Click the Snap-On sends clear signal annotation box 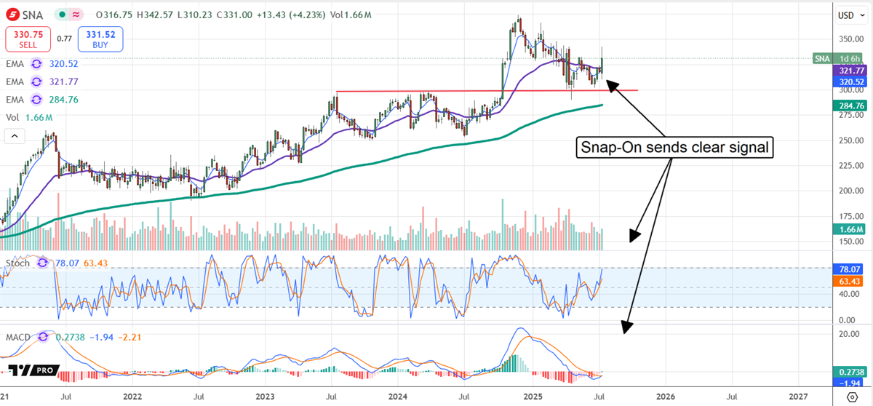pyautogui.click(x=674, y=148)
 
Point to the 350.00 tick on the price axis pyautogui.click(x=845, y=39)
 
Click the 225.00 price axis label pyautogui.click(x=845, y=165)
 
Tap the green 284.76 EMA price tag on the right pyautogui.click(x=848, y=106)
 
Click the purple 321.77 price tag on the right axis pyautogui.click(x=848, y=71)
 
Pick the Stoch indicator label pyautogui.click(x=17, y=261)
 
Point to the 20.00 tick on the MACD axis pyautogui.click(x=845, y=334)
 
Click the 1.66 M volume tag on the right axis pyautogui.click(x=847, y=229)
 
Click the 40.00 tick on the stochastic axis pyautogui.click(x=845, y=295)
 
